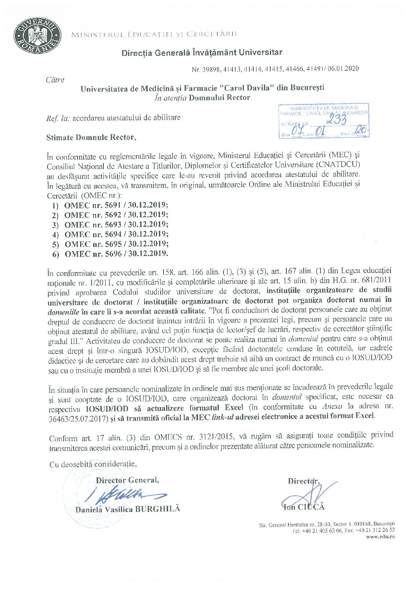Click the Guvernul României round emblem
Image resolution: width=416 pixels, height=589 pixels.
click(x=38, y=37)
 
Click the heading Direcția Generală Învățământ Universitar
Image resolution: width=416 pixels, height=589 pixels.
click(x=202, y=52)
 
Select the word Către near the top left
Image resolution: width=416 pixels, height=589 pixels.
click(x=55, y=80)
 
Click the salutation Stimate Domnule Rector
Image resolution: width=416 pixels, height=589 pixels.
click(x=91, y=137)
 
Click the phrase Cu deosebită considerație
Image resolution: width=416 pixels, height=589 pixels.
click(x=93, y=464)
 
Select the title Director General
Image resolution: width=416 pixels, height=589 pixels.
click(x=127, y=480)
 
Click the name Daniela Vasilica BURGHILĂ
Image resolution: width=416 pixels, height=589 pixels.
click(x=128, y=509)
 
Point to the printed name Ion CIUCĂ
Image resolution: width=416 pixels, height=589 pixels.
click(x=304, y=507)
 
